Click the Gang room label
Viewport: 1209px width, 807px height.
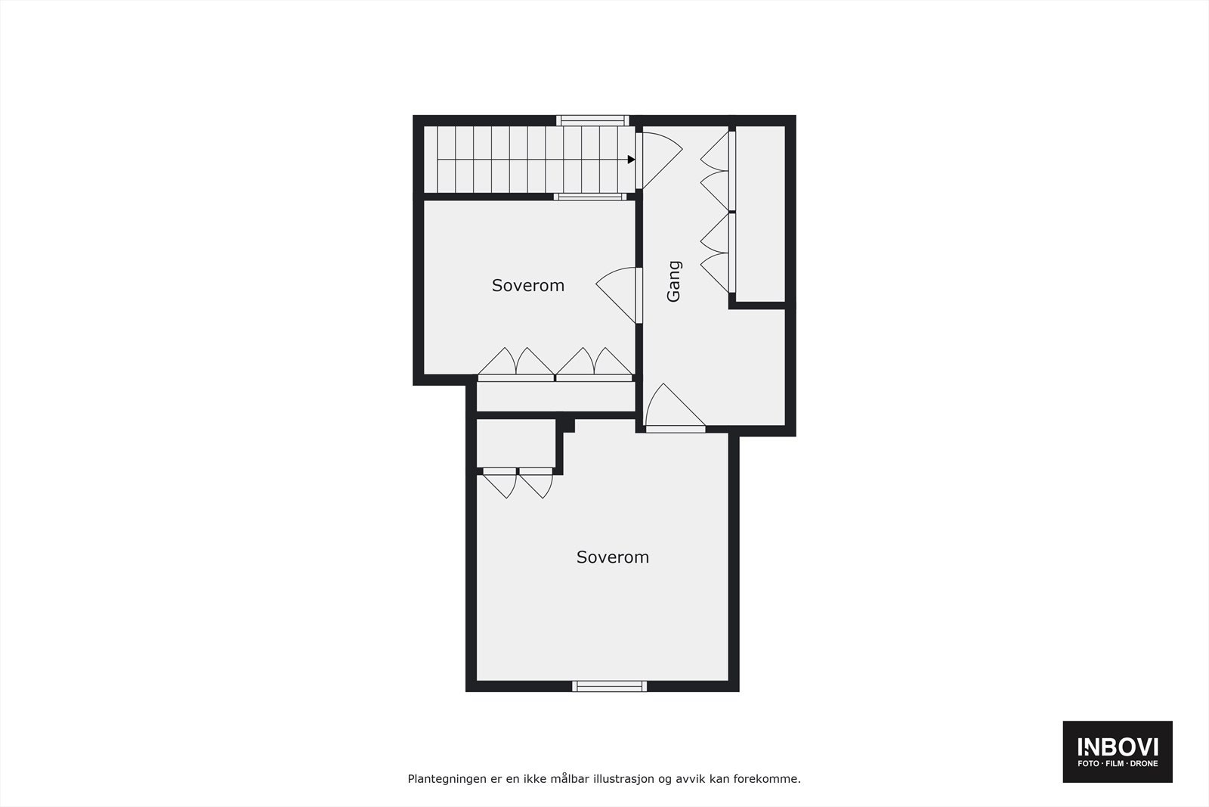coord(673,281)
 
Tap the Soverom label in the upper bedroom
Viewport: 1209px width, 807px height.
coord(527,285)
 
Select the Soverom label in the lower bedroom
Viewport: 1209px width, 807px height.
coord(612,557)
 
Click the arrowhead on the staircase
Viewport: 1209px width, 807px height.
coord(631,160)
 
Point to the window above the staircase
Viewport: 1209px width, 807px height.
coord(593,119)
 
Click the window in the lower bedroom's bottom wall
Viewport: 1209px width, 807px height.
coord(610,686)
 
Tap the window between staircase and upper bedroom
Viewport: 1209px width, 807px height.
coord(590,197)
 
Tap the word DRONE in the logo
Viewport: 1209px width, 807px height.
coord(1143,764)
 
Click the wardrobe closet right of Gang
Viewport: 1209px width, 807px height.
coord(760,213)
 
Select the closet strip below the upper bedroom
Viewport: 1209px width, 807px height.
coord(555,396)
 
